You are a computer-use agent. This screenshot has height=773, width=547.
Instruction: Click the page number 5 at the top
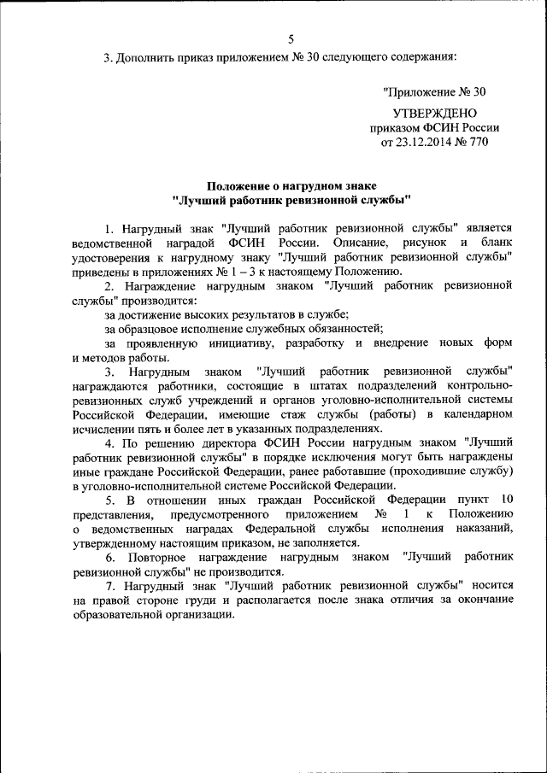coord(290,39)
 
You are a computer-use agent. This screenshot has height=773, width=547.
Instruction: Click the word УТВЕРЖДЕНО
coord(434,113)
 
